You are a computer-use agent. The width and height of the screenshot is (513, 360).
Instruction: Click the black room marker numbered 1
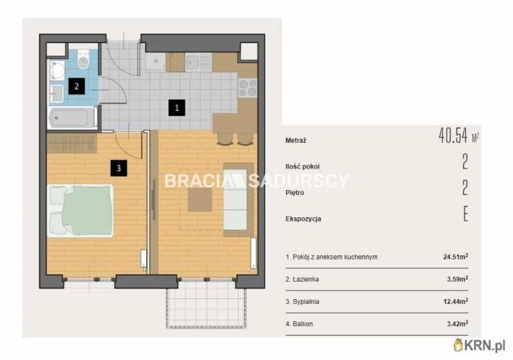177,108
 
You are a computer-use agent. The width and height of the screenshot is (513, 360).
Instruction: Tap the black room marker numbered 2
76,86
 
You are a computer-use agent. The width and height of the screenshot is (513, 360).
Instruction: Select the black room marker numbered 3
119,168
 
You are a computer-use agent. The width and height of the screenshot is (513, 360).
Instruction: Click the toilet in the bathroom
83,60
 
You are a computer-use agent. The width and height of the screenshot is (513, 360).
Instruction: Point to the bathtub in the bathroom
72,118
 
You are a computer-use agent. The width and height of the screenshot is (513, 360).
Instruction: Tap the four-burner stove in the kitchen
247,87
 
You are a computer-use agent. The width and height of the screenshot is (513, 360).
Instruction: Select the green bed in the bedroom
80,211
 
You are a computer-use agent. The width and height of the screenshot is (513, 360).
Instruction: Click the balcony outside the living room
206,308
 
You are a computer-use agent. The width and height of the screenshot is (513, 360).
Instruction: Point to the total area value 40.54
453,135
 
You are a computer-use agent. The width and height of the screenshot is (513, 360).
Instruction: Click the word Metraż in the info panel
296,141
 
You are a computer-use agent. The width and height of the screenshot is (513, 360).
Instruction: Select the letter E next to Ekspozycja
465,214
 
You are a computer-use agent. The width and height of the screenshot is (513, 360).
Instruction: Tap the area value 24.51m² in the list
455,257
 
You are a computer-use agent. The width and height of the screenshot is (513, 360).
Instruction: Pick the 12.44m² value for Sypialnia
455,301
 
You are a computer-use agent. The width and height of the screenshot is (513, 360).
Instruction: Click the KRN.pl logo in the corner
480,345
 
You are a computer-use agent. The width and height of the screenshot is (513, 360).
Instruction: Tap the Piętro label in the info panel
295,193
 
